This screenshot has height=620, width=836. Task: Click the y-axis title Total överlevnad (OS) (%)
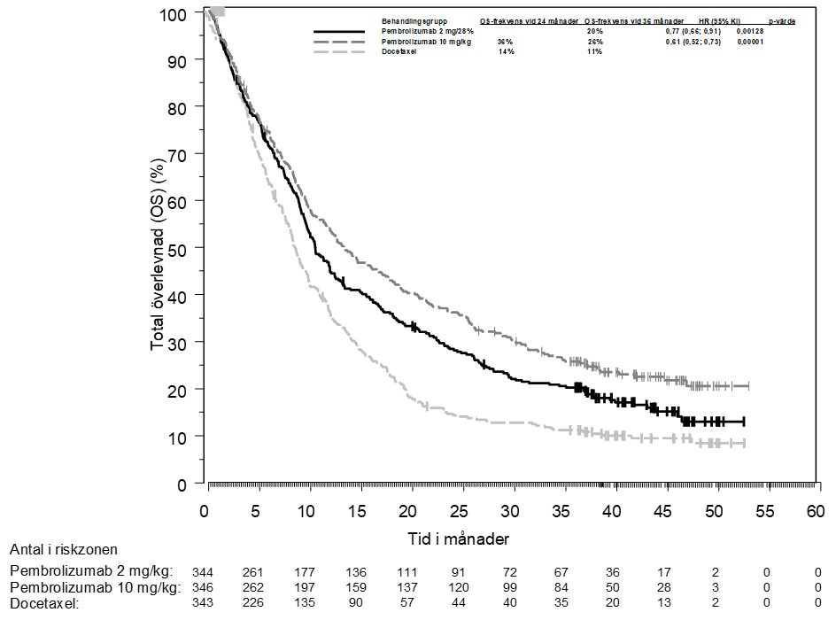[159, 248]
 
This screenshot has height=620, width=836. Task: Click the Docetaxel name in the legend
[399, 52]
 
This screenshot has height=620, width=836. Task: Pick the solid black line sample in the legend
[340, 32]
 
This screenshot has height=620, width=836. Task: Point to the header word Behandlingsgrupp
[414, 19]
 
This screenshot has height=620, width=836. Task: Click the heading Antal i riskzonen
[64, 550]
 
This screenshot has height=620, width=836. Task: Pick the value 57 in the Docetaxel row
[407, 603]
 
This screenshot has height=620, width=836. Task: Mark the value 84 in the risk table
[561, 586]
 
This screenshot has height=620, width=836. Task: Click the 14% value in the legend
[506, 52]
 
